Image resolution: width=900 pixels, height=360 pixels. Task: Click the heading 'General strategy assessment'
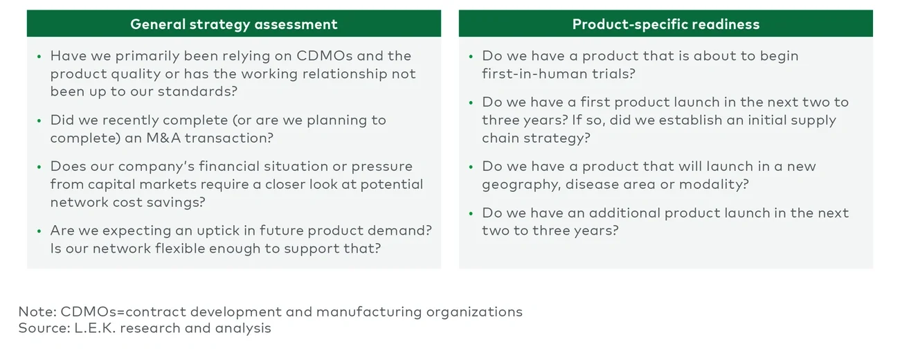[233, 24]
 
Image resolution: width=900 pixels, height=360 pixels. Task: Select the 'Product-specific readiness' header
[665, 24]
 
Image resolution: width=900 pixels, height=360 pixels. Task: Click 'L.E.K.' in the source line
[96, 328]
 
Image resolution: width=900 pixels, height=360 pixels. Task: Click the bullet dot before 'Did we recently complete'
[39, 120]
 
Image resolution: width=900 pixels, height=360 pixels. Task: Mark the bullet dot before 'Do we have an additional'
[471, 213]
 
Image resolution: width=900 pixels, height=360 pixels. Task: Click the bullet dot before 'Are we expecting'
[39, 231]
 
